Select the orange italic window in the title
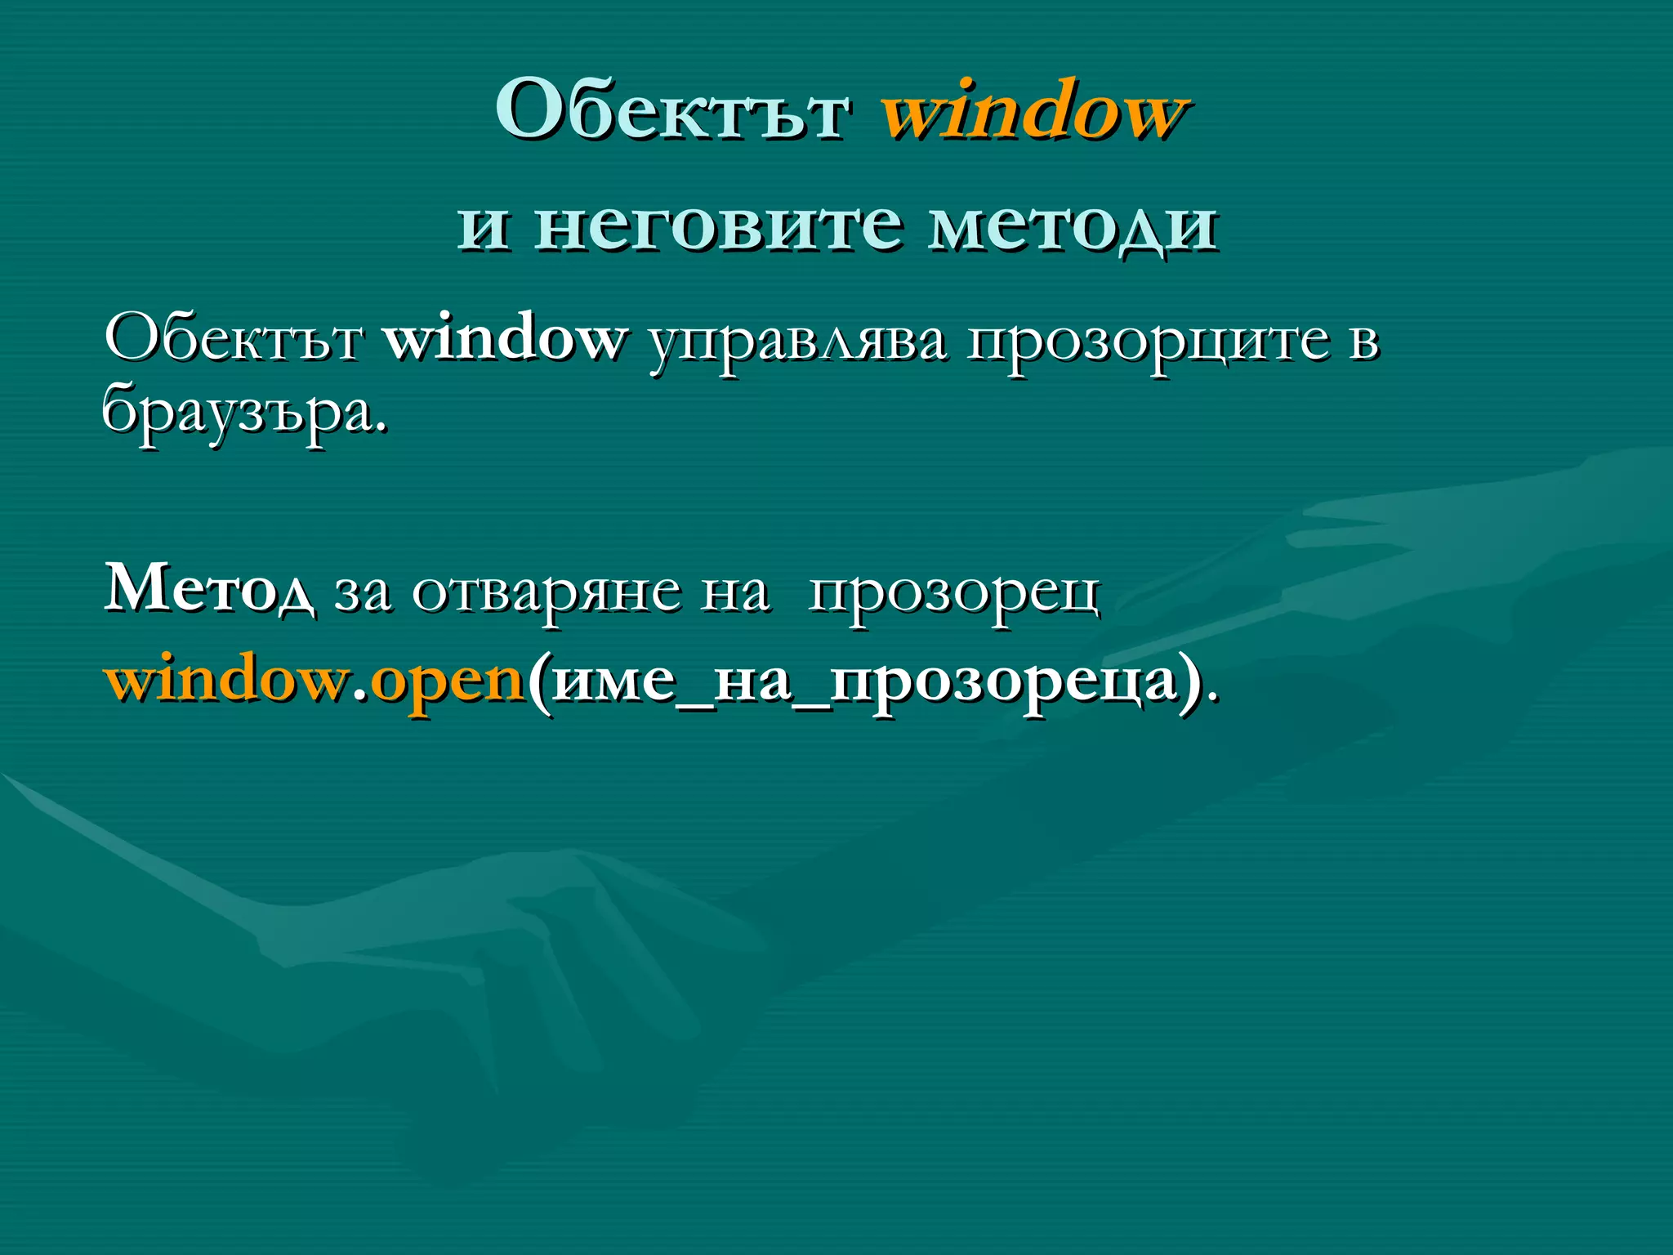pyautogui.click(x=1033, y=111)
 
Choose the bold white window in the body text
pyautogui.click(x=505, y=337)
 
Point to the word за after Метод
pyautogui.click(x=363, y=592)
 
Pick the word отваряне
pyautogui.click(x=546, y=593)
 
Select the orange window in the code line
pyautogui.click(x=225, y=679)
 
